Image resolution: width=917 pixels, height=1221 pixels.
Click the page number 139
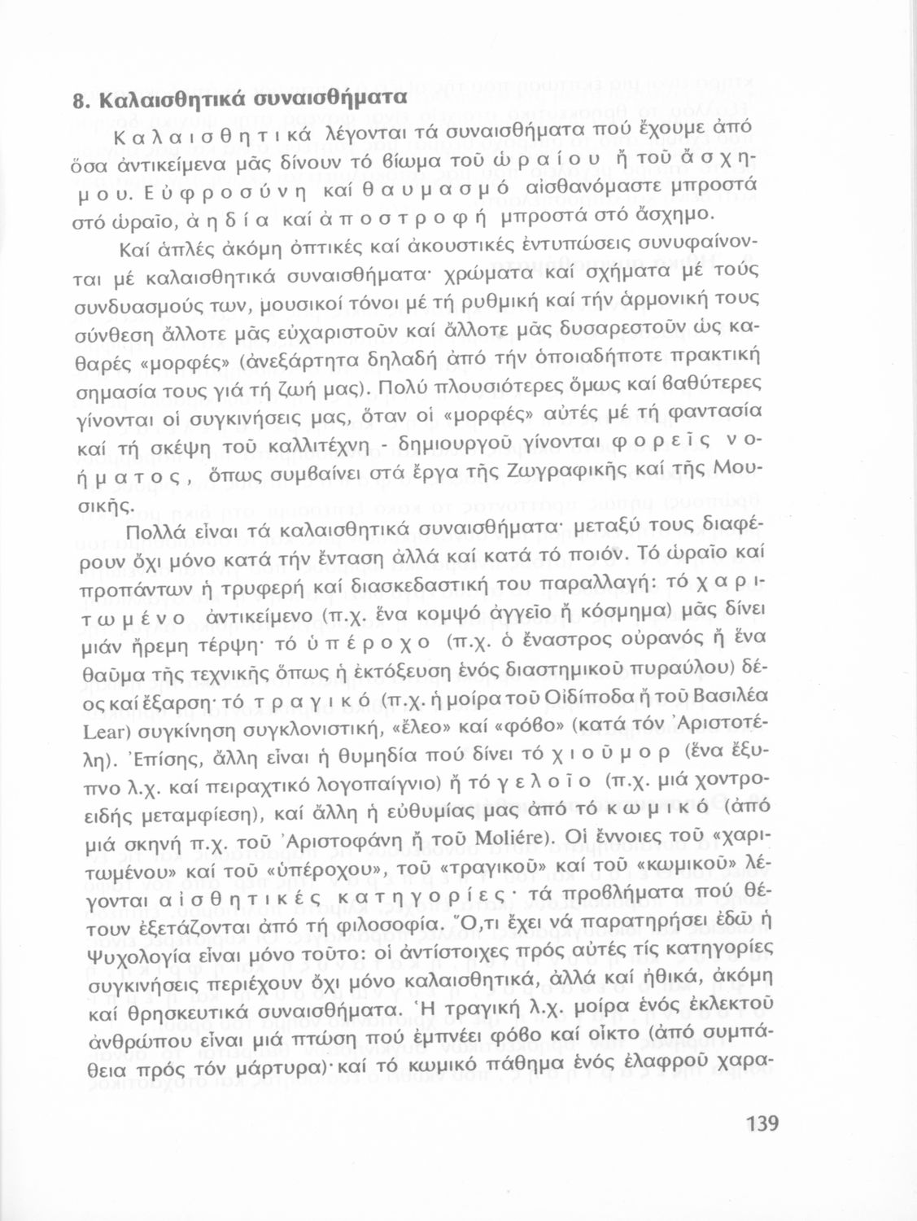[x=762, y=1123]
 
